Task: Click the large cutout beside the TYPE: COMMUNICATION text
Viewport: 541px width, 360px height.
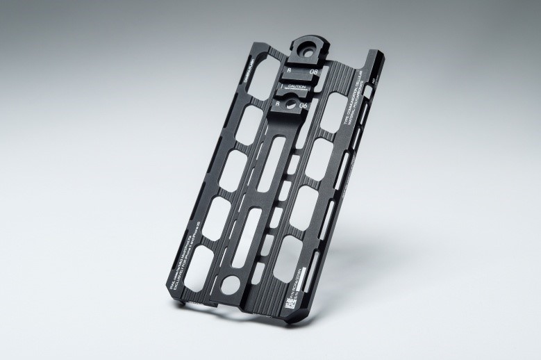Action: coord(327,154)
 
